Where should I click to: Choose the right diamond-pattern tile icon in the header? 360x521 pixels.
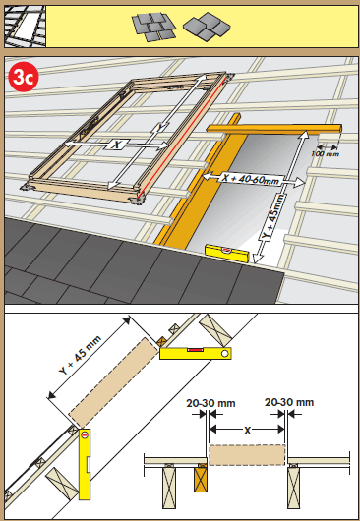(x=203, y=25)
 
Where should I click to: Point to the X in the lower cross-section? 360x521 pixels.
(x=246, y=430)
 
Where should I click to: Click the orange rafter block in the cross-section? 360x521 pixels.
(x=203, y=478)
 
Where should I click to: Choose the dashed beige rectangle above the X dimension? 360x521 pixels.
(x=246, y=454)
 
